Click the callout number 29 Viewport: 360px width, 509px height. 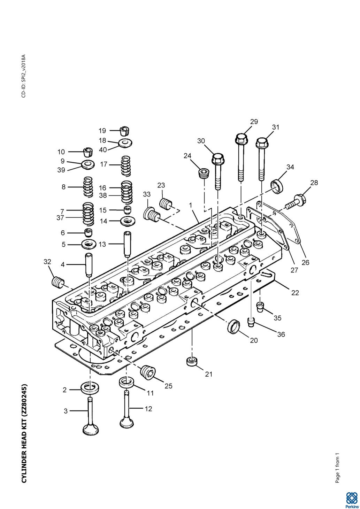pyautogui.click(x=254, y=122)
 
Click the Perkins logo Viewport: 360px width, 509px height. pyautogui.click(x=352, y=499)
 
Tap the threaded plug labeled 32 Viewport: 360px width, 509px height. pyautogui.click(x=57, y=283)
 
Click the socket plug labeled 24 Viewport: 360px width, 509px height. pyautogui.click(x=204, y=173)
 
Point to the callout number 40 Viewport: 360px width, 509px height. pyautogui.click(x=103, y=150)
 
